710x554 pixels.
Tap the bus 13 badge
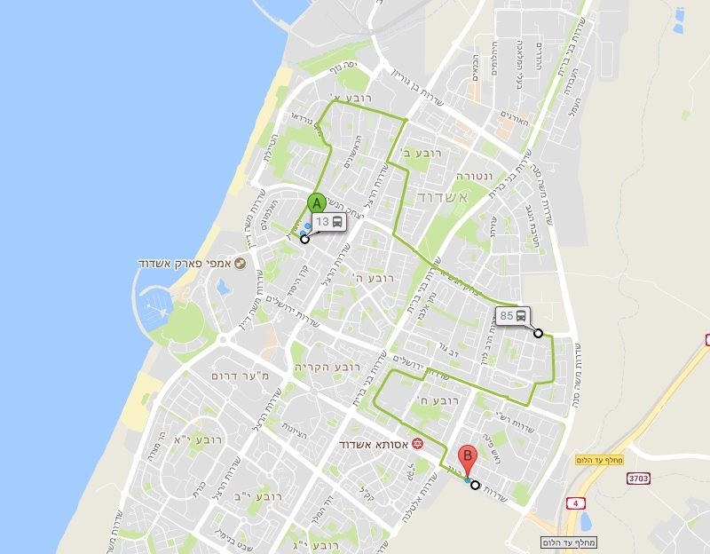click(x=328, y=222)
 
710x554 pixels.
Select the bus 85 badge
click(x=513, y=316)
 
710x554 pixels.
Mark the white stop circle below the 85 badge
click(x=538, y=333)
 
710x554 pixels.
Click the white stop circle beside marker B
click(x=476, y=485)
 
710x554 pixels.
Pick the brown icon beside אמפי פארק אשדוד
click(x=239, y=265)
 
